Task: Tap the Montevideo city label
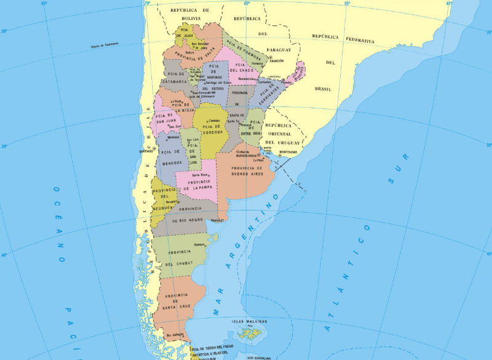[x=288, y=152]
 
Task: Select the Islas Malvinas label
[x=249, y=321]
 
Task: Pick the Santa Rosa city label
[x=200, y=175]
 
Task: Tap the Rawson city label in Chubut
[x=199, y=244]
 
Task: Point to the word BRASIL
[x=323, y=89]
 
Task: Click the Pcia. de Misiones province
[x=298, y=72]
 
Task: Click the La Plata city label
[x=258, y=160]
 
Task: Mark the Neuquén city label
[x=171, y=201]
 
